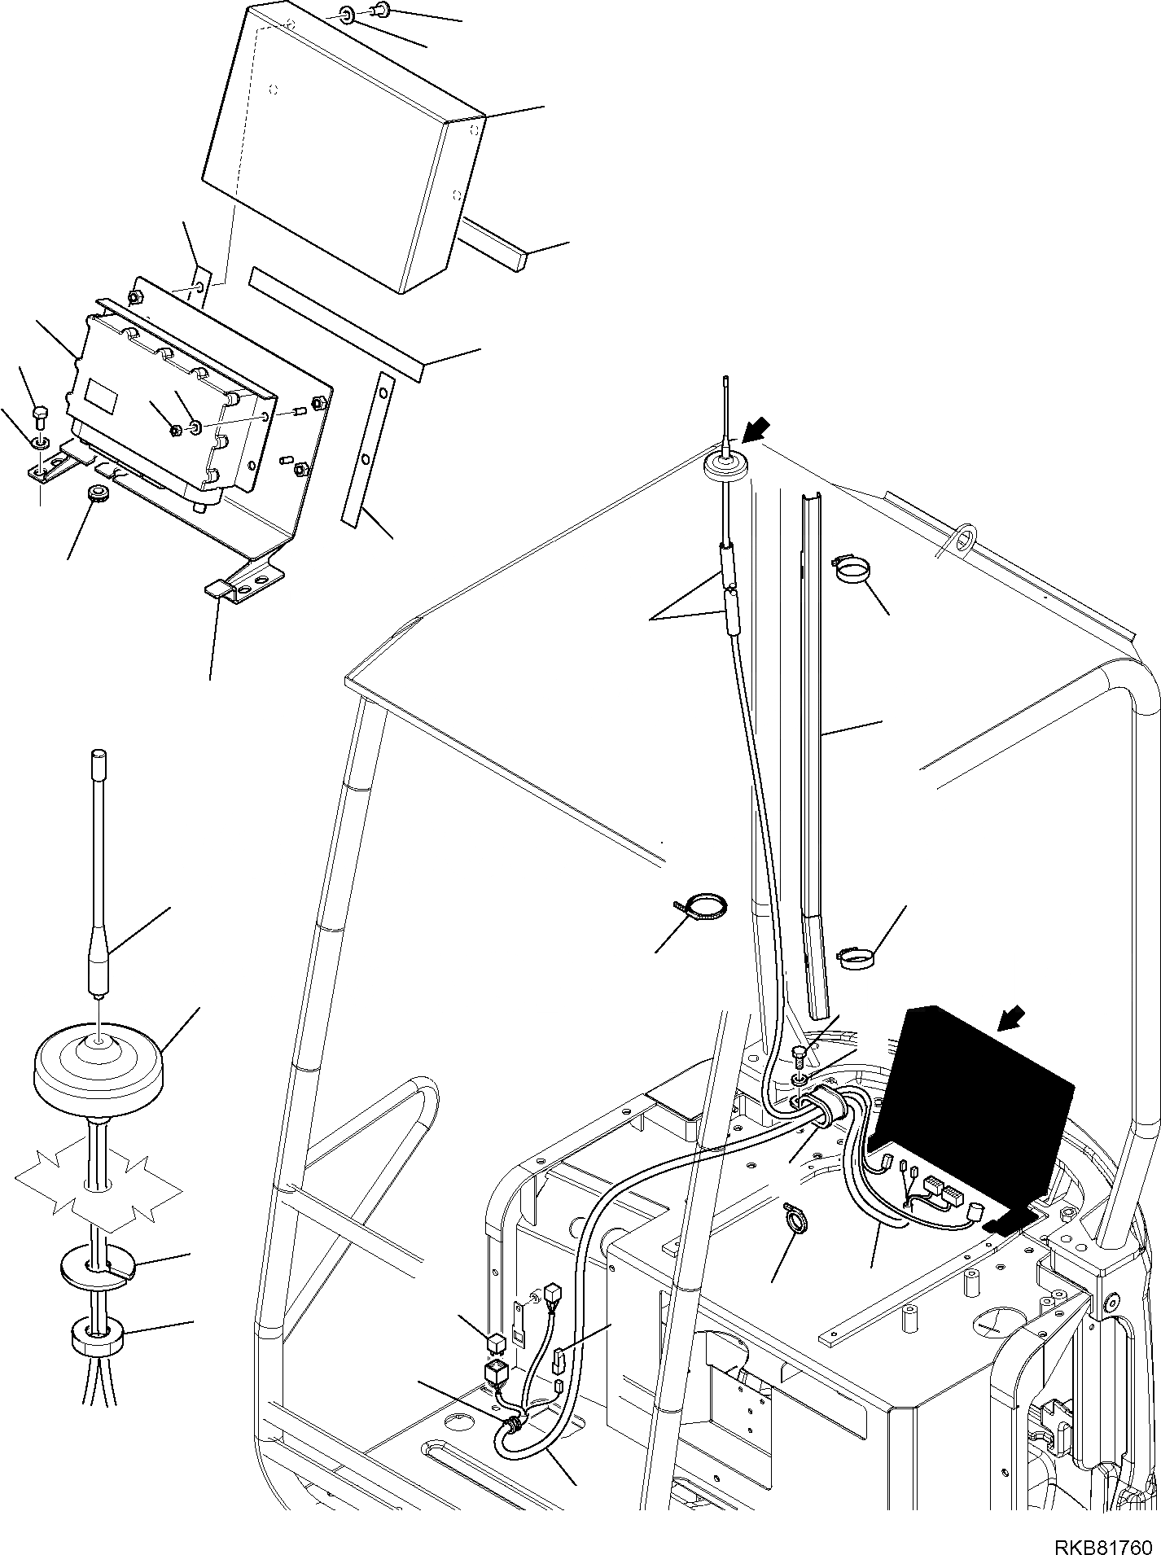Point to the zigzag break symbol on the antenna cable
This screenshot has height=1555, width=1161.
(x=98, y=1189)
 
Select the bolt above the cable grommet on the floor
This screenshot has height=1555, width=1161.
(x=799, y=1057)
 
